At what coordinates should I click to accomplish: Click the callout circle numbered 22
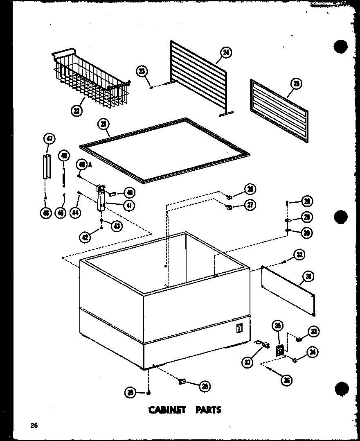click(76, 110)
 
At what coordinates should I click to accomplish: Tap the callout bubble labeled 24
click(225, 52)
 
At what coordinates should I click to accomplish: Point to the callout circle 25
click(296, 84)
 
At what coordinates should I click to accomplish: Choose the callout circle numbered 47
click(49, 139)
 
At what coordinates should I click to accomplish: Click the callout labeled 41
click(129, 205)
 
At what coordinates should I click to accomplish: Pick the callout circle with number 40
click(129, 192)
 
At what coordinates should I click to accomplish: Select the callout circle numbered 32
click(299, 255)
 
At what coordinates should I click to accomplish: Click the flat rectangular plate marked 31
click(288, 290)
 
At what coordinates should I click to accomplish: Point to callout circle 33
click(314, 331)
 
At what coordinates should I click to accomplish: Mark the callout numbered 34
click(314, 352)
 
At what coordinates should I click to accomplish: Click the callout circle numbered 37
click(248, 362)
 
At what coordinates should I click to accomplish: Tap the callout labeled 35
click(278, 326)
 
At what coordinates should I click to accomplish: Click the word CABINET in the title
click(167, 410)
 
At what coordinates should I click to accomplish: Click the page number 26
click(34, 425)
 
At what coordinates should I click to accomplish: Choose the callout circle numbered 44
click(76, 212)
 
